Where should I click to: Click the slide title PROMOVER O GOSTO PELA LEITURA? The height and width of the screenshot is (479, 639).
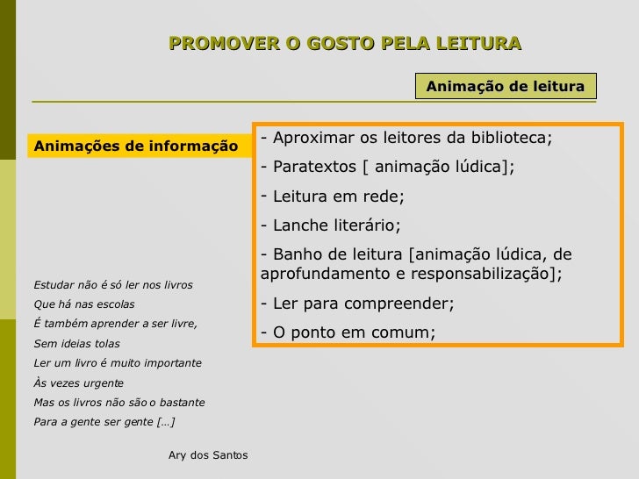click(x=345, y=43)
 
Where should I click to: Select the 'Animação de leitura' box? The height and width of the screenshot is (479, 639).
click(x=505, y=86)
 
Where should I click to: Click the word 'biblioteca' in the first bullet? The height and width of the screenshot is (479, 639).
click(x=506, y=139)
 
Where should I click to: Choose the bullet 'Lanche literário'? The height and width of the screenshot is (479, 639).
click(x=331, y=225)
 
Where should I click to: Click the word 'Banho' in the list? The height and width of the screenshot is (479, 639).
click(x=296, y=254)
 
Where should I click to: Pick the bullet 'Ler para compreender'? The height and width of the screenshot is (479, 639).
click(x=358, y=304)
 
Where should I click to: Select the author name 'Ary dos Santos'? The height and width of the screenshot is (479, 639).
click(x=207, y=455)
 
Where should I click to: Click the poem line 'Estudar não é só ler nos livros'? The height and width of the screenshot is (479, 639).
click(x=112, y=285)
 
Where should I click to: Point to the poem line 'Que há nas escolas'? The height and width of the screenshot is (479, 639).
click(x=83, y=304)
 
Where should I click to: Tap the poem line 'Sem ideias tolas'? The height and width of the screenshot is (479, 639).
click(x=76, y=343)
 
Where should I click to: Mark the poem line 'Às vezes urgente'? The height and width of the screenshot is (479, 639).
click(x=78, y=383)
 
